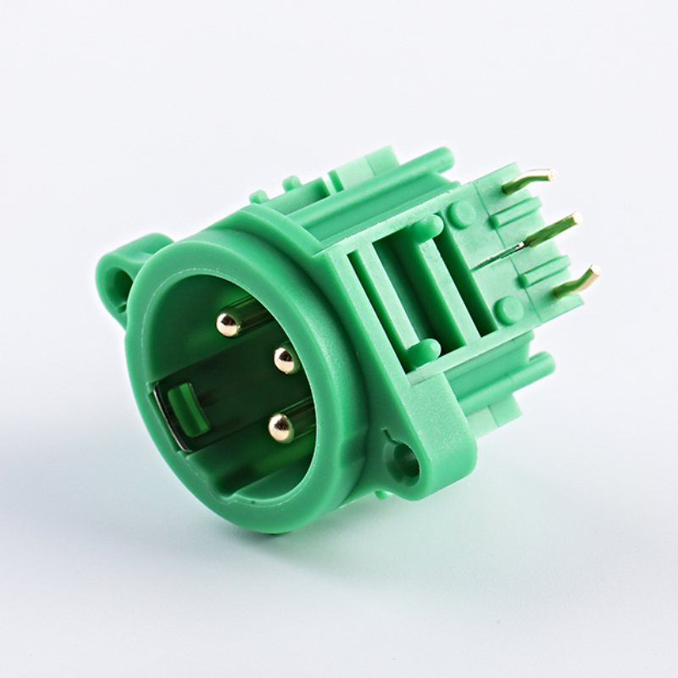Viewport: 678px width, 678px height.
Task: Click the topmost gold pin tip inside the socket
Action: point(227,322)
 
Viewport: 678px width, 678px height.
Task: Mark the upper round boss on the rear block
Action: point(462,213)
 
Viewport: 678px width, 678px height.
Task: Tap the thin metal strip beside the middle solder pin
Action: point(500,254)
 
